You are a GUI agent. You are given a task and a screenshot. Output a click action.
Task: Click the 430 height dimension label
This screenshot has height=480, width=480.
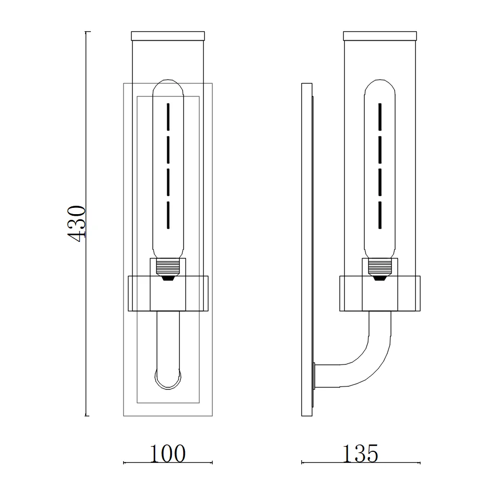click(x=77, y=224)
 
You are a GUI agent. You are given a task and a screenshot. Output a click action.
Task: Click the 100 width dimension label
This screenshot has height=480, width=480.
click(x=168, y=453)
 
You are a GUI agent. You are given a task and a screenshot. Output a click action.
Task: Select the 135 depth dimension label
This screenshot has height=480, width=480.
click(x=360, y=453)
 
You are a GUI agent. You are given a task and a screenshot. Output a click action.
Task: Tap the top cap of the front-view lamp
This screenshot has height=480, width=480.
click(x=168, y=36)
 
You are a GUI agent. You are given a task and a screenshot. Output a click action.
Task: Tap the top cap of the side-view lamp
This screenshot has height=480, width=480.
click(x=380, y=36)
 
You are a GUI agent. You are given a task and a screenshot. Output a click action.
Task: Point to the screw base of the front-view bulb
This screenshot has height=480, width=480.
click(x=168, y=266)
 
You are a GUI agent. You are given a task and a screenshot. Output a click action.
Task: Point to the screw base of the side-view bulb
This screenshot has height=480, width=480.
click(x=380, y=266)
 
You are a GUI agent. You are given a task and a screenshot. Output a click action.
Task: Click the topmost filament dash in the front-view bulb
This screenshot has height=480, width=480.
click(x=168, y=116)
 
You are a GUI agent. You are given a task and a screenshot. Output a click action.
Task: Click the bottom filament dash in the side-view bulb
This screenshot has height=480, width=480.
click(x=380, y=215)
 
